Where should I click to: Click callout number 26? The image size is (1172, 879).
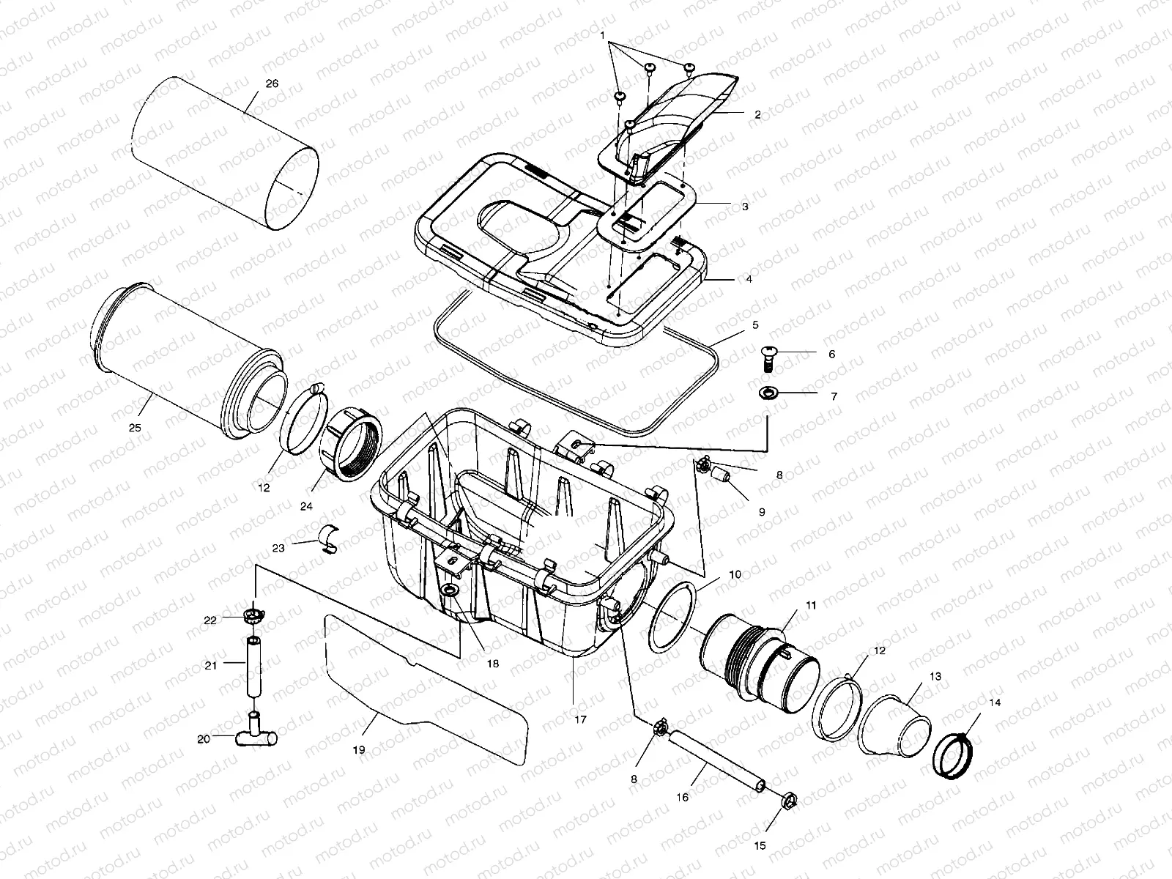point(272,84)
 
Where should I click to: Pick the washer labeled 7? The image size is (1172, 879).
point(768,394)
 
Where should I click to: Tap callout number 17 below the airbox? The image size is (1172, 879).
point(580,719)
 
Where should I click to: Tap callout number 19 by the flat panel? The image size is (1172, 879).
point(358,750)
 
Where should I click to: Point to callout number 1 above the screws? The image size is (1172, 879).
point(602,34)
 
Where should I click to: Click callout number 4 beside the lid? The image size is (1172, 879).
point(748,279)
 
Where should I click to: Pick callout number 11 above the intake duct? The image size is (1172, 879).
point(810,605)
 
